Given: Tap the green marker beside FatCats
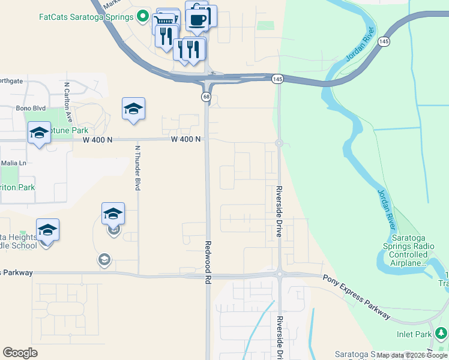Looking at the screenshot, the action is coord(142,17).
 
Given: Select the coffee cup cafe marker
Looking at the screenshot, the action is coord(197,19).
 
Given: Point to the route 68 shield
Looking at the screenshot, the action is coord(206,97).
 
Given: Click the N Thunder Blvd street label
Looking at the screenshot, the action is coord(137,168).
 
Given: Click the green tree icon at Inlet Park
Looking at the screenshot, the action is coord(441,332).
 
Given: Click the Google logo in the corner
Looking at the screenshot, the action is coord(20,353).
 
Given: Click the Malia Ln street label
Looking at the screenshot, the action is coord(14,163).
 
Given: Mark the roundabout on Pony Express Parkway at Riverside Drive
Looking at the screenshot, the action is coord(279,275).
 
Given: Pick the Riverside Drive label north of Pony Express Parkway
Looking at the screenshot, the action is coord(279,212).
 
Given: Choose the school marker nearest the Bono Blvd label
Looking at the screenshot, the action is coord(133,109).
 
